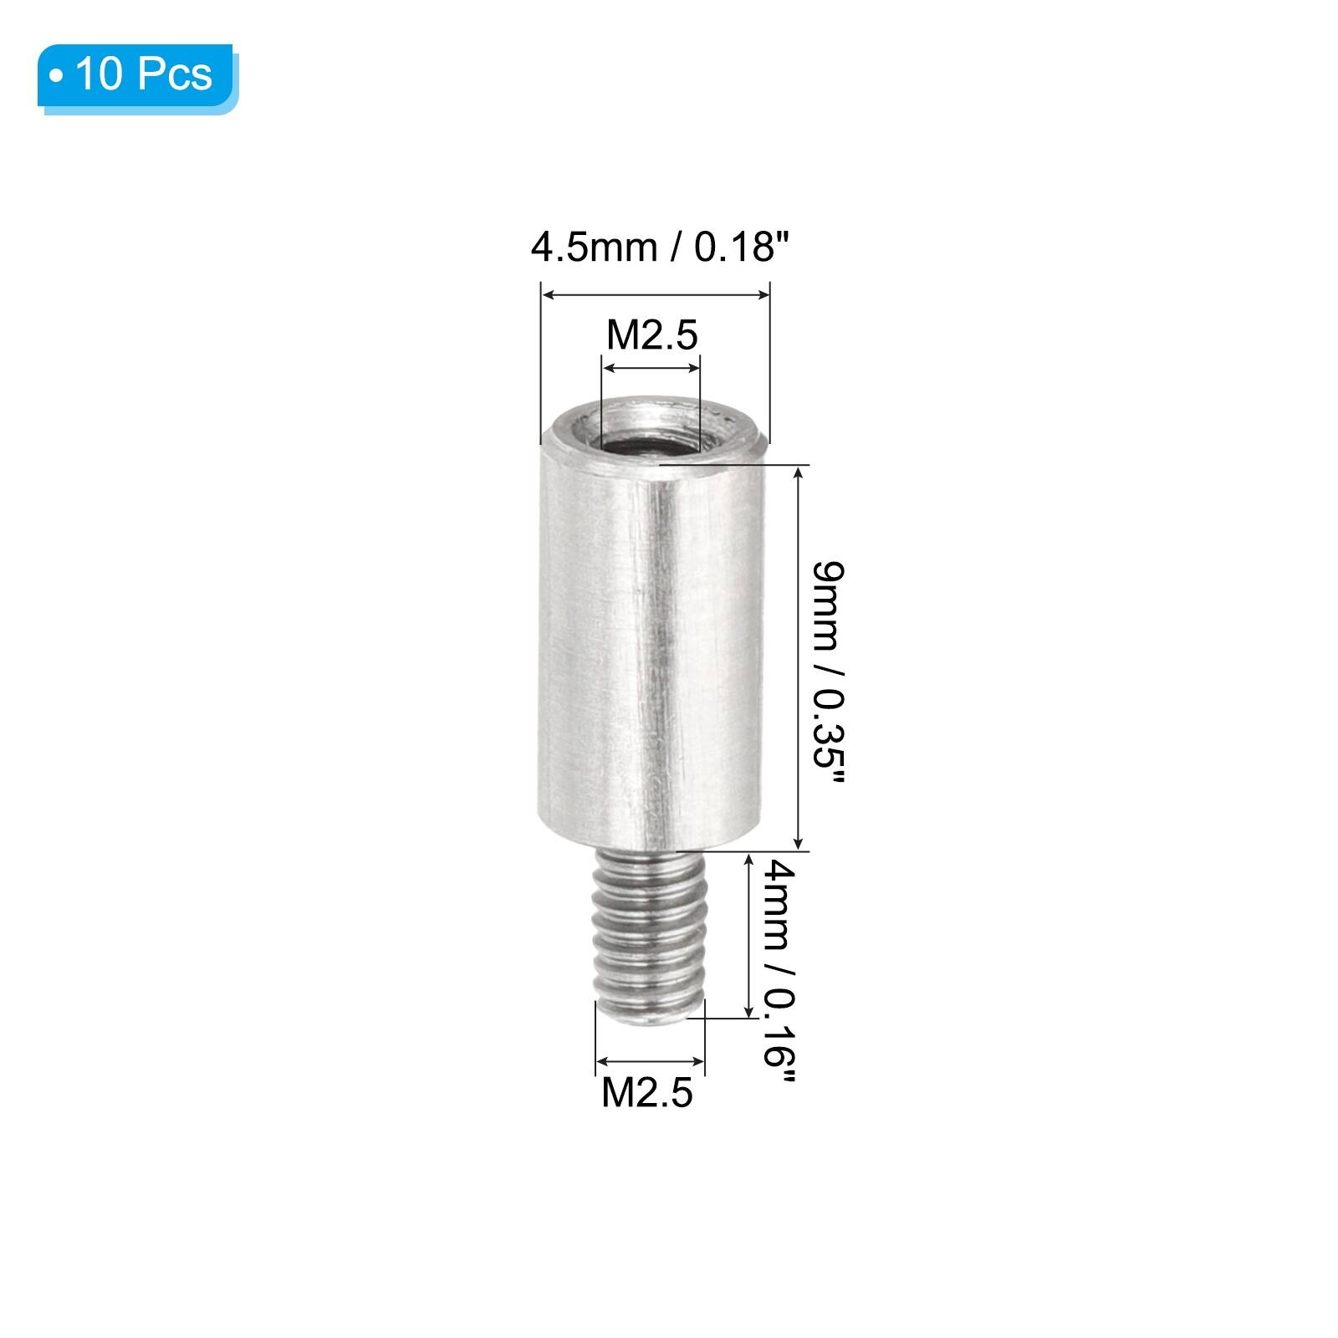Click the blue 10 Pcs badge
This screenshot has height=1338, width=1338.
coord(138,78)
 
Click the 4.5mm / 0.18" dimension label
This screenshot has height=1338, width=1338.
coord(659,248)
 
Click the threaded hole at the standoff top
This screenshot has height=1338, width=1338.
coord(650,435)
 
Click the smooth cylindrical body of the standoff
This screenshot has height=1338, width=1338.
coord(651,644)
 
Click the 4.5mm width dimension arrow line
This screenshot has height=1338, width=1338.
coord(656,294)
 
